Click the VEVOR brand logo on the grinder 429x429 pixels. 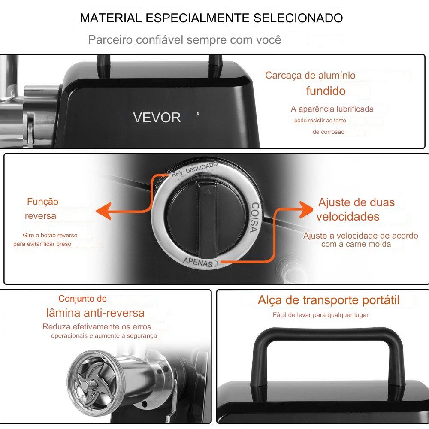tap(157, 118)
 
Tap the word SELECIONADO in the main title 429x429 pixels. tap(298, 18)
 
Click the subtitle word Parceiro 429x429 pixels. tap(110, 39)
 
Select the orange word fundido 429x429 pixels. tap(326, 91)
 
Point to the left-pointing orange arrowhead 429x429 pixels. tap(103, 211)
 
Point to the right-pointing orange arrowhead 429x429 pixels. tap(306, 210)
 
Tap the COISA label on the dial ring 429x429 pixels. tap(254, 217)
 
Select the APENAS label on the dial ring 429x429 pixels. tap(198, 262)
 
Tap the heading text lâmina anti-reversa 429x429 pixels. tap(95, 313)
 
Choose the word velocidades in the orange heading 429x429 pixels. tap(348, 216)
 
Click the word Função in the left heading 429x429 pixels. tap(42, 202)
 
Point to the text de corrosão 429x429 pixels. tap(328, 132)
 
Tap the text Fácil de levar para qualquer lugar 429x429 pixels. tap(320, 315)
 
